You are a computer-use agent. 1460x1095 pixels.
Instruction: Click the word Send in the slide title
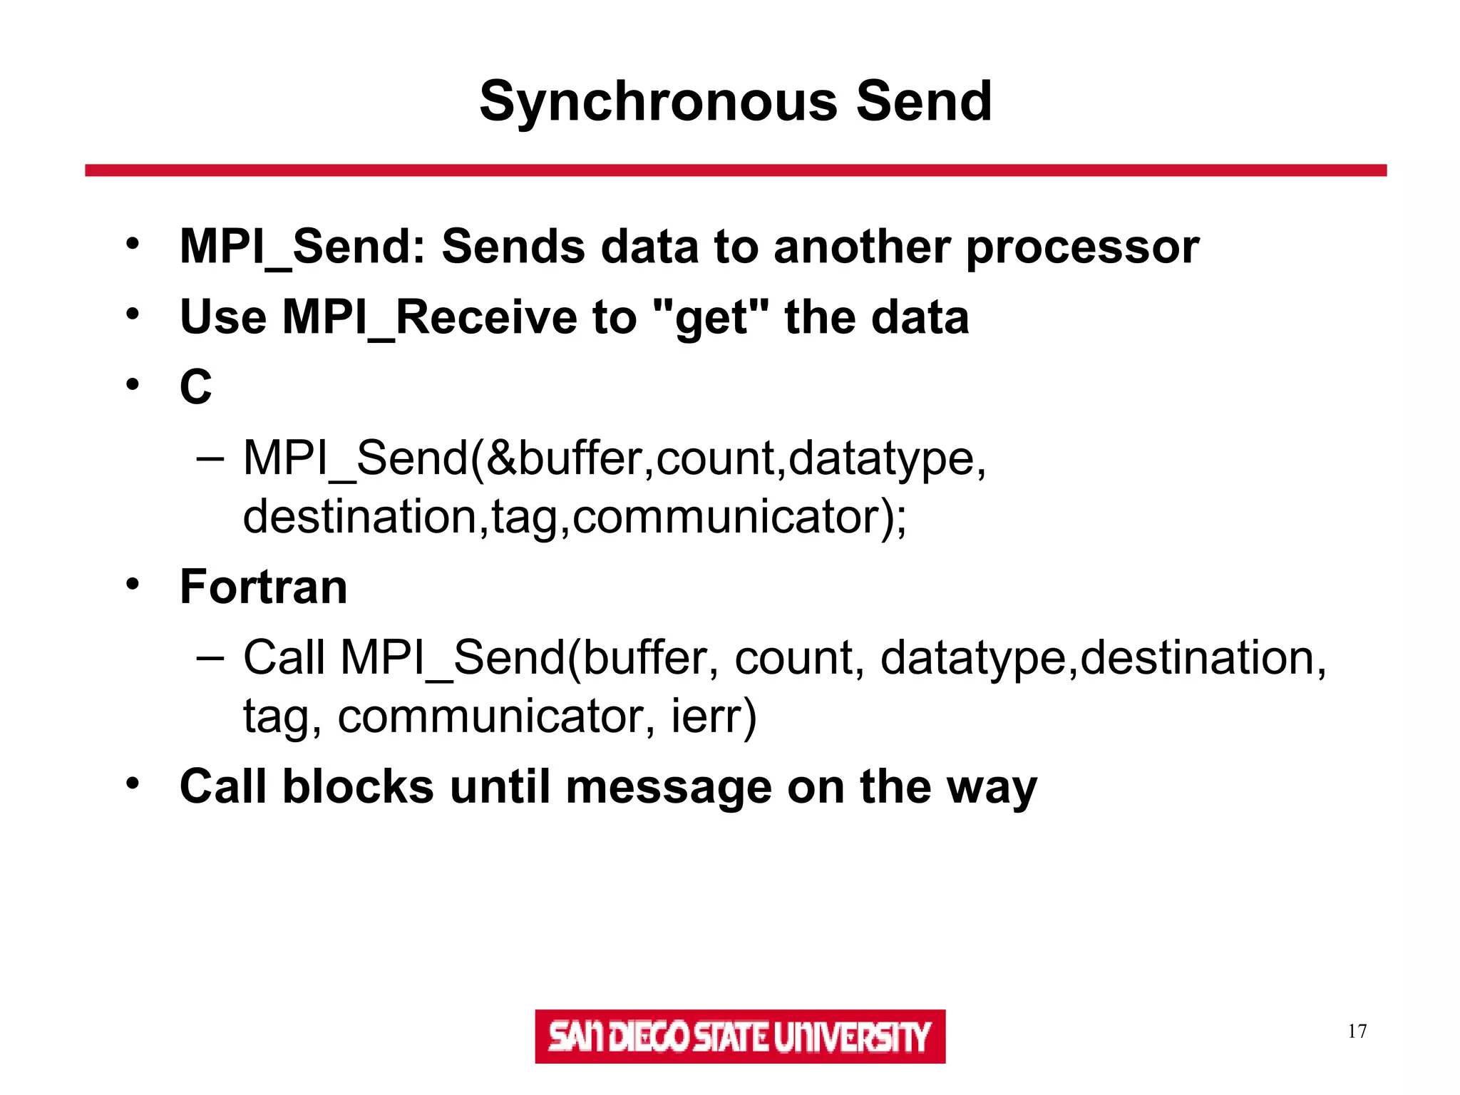tap(923, 101)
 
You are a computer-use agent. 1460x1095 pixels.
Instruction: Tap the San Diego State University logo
tap(739, 1036)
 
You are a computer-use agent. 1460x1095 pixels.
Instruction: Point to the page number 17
tap(1357, 1032)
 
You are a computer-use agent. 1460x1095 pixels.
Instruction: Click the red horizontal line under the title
tap(735, 170)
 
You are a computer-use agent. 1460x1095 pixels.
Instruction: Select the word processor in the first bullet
tap(1082, 248)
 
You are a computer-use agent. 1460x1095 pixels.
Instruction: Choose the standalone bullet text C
tap(195, 387)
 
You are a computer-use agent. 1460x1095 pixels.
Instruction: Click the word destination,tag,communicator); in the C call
tap(575, 516)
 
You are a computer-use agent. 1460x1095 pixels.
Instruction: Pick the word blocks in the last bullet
tap(357, 787)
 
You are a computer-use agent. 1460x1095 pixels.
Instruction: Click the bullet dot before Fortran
tap(132, 585)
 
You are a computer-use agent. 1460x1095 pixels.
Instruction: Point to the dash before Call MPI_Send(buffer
tap(210, 657)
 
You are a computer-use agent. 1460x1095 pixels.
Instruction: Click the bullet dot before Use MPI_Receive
tap(132, 314)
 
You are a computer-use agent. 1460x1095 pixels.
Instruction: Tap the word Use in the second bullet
tap(222, 317)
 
